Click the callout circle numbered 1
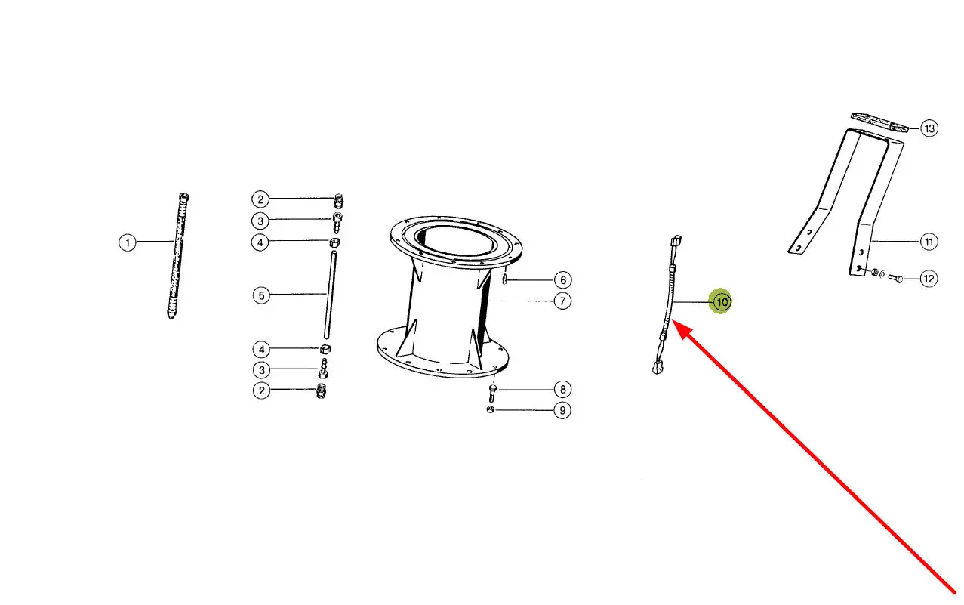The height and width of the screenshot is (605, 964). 128,242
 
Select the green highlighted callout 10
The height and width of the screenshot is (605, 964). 721,302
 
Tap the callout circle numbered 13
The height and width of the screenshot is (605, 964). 929,128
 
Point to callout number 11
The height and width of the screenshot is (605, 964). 929,242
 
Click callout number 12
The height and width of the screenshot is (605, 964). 929,279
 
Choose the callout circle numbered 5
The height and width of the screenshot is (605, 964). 261,295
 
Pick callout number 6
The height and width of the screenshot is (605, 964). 562,280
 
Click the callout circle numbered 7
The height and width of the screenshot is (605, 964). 562,301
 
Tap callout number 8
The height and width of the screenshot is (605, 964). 562,390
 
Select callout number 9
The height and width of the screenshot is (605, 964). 562,410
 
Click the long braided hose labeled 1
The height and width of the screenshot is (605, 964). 178,256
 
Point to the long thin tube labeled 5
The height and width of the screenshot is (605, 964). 330,295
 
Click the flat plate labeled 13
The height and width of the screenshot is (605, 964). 879,122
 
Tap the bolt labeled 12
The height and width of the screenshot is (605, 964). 895,278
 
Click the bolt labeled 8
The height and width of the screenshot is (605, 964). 492,394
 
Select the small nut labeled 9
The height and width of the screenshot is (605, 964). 490,409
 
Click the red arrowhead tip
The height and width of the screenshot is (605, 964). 672,320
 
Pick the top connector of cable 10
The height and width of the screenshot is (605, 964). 676,240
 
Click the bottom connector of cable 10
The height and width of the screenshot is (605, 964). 658,368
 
